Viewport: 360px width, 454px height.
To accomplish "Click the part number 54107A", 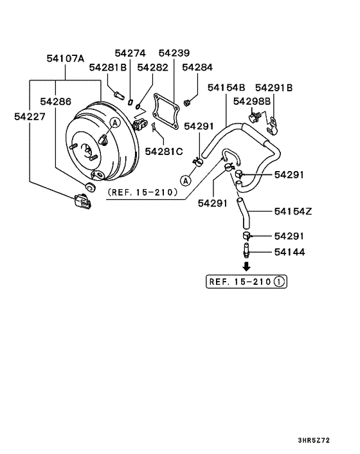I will [65, 59].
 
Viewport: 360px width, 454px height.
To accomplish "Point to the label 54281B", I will [107, 67].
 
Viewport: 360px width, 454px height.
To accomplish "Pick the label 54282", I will [153, 67].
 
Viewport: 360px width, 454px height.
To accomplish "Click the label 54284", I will [197, 67].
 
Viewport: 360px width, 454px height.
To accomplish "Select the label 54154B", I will [226, 87].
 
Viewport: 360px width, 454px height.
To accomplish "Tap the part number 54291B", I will [274, 87].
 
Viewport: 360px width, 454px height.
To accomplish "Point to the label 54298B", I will [253, 102].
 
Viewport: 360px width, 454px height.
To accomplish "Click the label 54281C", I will [164, 151].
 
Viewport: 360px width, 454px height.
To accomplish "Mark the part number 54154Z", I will [293, 211].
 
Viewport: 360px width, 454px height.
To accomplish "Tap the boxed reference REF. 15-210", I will [246, 281].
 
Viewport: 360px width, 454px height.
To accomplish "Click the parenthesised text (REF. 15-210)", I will [142, 192].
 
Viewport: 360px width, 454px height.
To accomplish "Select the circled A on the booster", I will [114, 122].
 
